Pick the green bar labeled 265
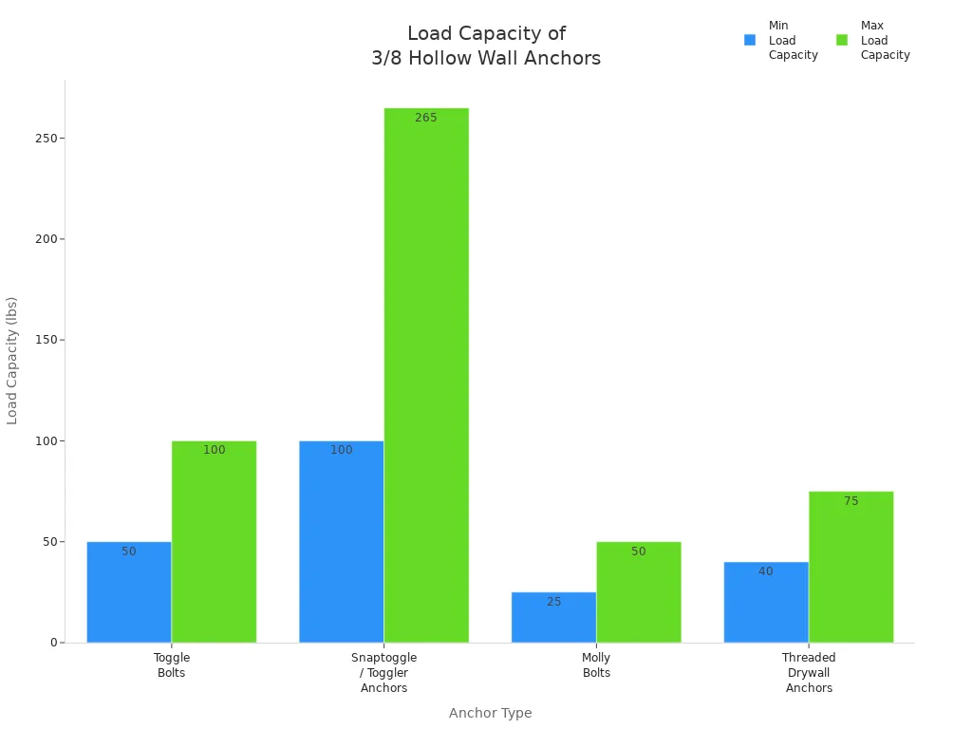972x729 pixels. click(426, 380)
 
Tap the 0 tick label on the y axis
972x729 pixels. click(55, 643)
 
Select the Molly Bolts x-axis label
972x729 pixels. click(596, 665)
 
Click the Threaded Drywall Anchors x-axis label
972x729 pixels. click(809, 672)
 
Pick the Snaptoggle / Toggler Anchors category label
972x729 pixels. click(383, 672)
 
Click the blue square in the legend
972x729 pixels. click(750, 40)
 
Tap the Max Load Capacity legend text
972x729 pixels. click(885, 40)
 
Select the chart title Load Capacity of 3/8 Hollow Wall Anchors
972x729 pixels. click(486, 46)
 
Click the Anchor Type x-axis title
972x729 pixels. click(490, 713)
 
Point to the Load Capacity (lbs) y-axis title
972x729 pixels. click(12, 361)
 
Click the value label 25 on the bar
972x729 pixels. click(553, 602)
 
